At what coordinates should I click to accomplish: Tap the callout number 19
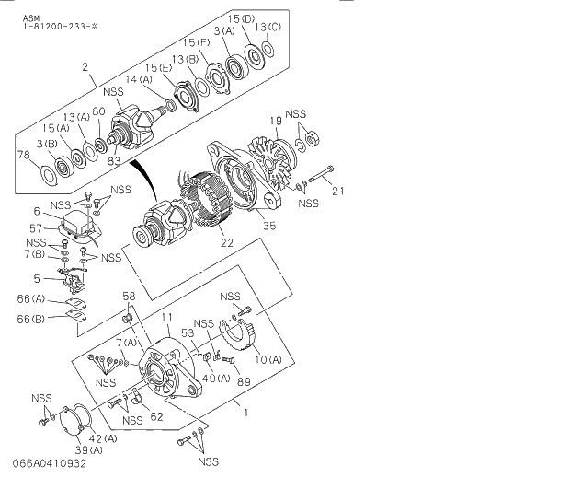click(274, 122)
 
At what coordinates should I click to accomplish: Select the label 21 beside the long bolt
click(337, 192)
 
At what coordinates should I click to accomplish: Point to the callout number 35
click(268, 224)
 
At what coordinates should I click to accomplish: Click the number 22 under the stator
click(225, 243)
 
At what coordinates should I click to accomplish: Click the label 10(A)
click(268, 358)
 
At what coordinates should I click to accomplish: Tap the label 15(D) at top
click(241, 18)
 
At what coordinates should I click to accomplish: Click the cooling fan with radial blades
click(270, 158)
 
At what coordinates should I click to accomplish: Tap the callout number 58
click(130, 296)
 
